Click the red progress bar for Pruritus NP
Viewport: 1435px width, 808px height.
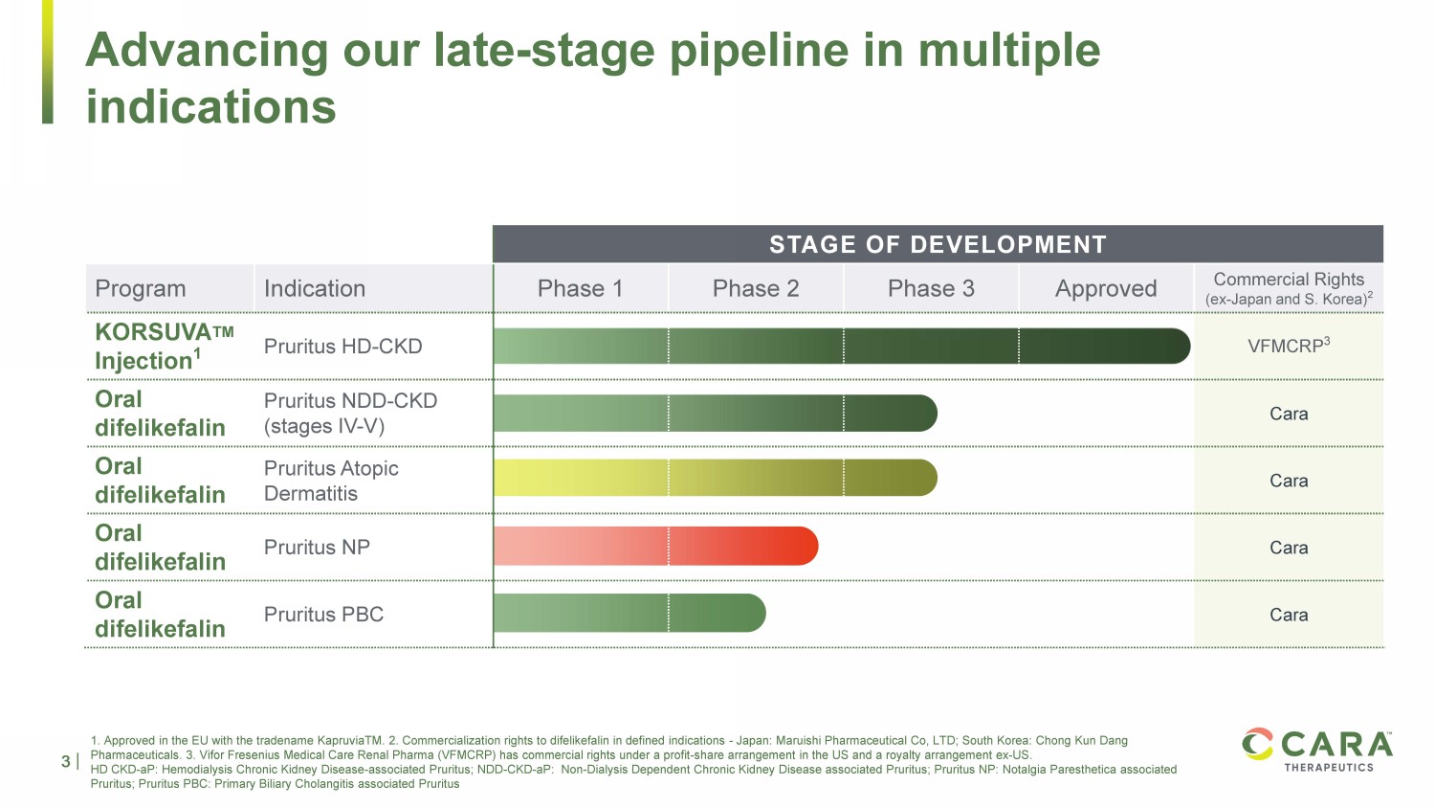[655, 547]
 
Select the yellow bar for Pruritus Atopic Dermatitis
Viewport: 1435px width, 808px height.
[715, 478]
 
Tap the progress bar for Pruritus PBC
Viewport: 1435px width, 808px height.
[629, 614]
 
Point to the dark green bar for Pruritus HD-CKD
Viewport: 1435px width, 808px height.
[842, 346]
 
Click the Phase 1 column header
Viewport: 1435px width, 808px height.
[580, 288]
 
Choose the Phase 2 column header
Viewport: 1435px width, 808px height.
[755, 288]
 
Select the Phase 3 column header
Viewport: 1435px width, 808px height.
[931, 288]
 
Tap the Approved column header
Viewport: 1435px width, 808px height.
[1106, 288]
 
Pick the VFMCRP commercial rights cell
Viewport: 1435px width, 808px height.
[1289, 346]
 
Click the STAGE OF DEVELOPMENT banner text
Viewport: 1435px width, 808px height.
[938, 245]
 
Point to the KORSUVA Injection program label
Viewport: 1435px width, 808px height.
[164, 346]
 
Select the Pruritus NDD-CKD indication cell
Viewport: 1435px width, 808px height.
[350, 413]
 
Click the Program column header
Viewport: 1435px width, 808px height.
[141, 288]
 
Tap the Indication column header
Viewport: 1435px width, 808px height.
[315, 288]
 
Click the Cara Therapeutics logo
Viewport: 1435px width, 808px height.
[1318, 750]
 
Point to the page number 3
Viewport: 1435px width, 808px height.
[66, 762]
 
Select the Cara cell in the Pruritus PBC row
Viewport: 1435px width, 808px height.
[1289, 615]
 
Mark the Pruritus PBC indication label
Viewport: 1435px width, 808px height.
[323, 615]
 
